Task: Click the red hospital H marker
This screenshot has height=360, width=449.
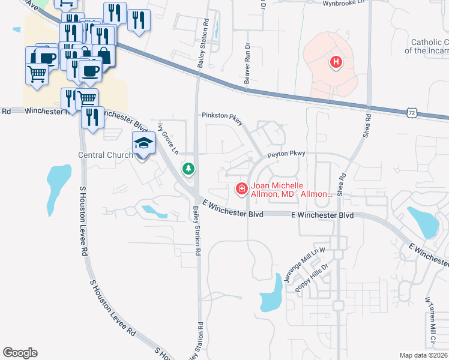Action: (x=336, y=61)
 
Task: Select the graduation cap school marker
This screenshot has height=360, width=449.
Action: (x=143, y=143)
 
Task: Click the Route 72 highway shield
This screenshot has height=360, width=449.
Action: (x=411, y=112)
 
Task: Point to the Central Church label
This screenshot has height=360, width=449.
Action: (x=106, y=155)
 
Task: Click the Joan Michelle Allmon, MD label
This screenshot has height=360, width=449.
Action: (x=291, y=190)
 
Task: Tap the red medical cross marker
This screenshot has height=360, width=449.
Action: (x=241, y=189)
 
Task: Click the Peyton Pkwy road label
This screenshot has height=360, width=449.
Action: (x=287, y=154)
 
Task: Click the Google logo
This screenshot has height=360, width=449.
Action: (x=20, y=353)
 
